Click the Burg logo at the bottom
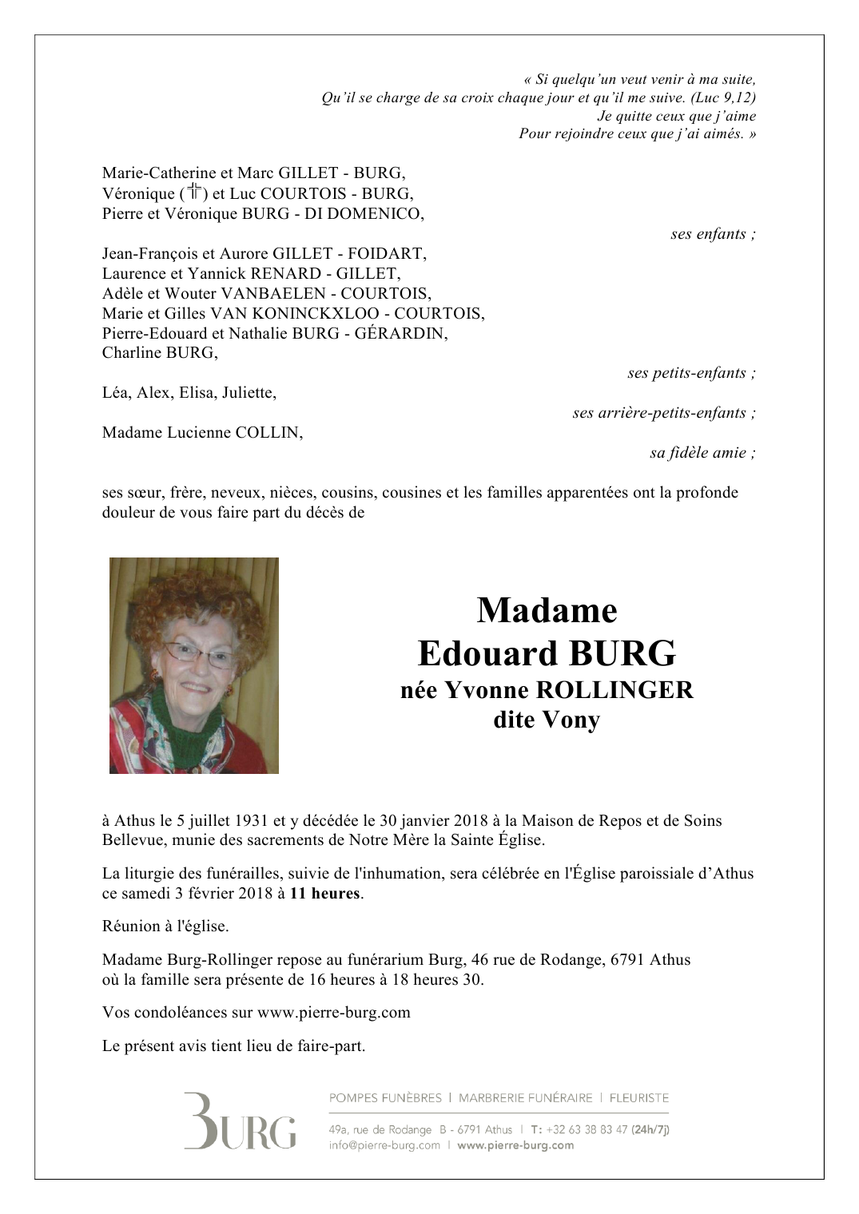pyautogui.click(x=240, y=1121)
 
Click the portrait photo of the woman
pyautogui.click(x=194, y=665)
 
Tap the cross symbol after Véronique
pyautogui.click(x=194, y=192)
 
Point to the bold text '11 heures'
pyautogui.click(x=324, y=894)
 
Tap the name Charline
pyautogui.click(x=132, y=353)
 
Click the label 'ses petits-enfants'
pyautogui.click(x=687, y=373)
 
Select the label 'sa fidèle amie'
pyautogui.click(x=698, y=453)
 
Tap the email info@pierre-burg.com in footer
pyautogui.click(x=384, y=1145)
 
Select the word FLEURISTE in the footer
pyautogui.click(x=639, y=1098)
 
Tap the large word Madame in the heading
pyautogui.click(x=547, y=611)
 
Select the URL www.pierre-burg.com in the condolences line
pyautogui.click(x=334, y=1013)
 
